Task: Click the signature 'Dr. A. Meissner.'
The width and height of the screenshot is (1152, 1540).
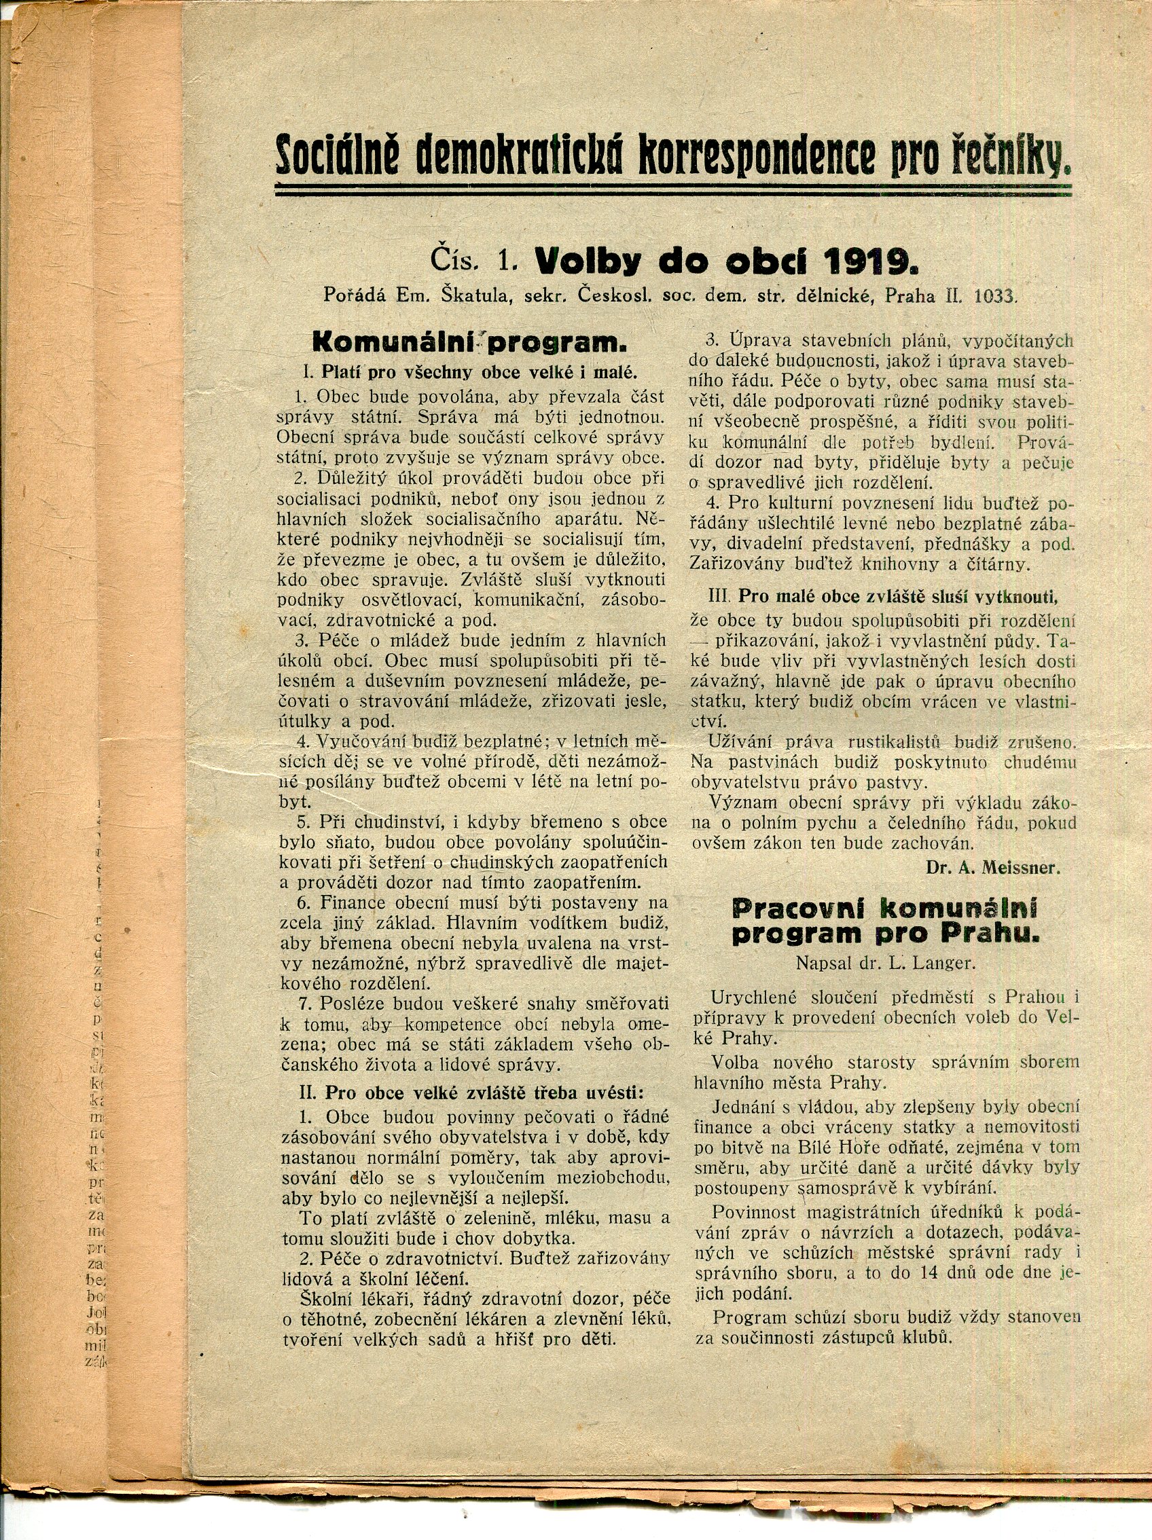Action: (992, 868)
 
